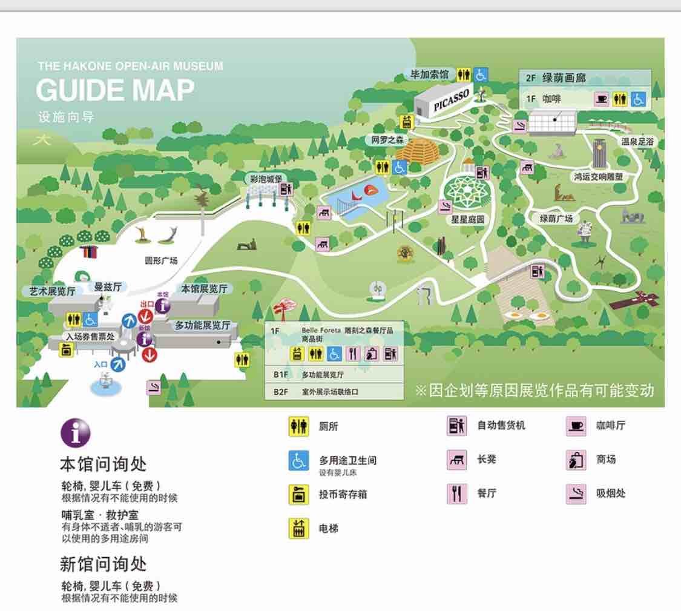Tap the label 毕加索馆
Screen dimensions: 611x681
(430, 74)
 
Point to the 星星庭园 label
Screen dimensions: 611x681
(468, 219)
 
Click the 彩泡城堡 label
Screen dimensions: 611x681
(266, 179)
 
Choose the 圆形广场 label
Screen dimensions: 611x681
(161, 261)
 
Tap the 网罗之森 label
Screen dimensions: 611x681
(387, 140)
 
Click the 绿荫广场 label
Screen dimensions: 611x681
(556, 218)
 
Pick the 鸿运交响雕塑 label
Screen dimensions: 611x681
(598, 177)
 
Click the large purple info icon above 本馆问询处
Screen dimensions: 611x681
(75, 433)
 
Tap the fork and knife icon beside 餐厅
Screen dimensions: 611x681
(456, 494)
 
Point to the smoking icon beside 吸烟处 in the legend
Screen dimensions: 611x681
(576, 494)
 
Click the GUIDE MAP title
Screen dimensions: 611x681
(115, 91)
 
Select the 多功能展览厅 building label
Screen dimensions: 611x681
(203, 325)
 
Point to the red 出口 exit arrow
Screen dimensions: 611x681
(145, 315)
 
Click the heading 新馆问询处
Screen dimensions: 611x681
(103, 564)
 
